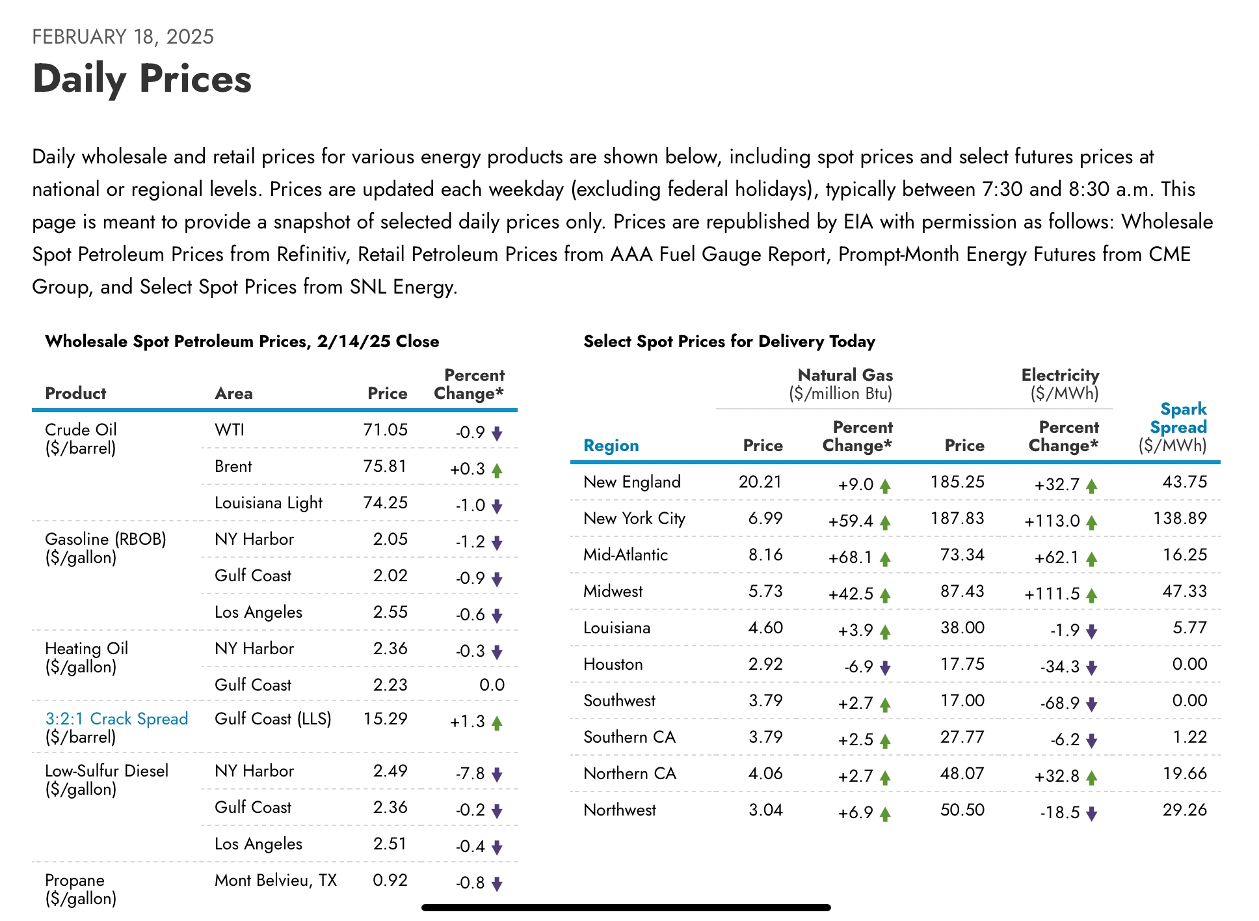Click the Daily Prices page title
(142, 79)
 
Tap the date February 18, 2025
(123, 36)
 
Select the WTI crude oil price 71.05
(385, 430)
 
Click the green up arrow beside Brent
(497, 470)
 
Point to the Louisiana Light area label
(269, 502)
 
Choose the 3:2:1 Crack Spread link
(116, 719)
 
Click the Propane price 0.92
(390, 880)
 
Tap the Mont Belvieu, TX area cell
(276, 880)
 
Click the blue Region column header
(611, 445)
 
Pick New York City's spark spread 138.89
(1180, 518)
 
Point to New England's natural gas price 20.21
(760, 482)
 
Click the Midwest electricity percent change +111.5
(1052, 594)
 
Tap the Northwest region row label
(620, 810)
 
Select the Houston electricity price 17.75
(962, 664)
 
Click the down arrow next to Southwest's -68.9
(1092, 704)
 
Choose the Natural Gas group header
(845, 375)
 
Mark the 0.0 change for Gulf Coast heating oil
(492, 685)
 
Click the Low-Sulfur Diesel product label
(107, 771)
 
